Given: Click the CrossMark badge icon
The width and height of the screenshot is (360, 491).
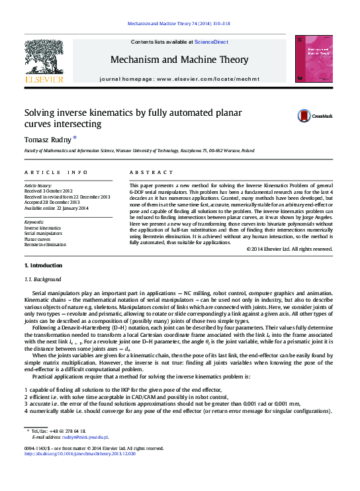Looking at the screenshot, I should coord(305,116).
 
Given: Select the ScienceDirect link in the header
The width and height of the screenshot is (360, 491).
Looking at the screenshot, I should coord(211,42).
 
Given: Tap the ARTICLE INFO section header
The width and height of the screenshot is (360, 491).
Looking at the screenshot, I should coord(56,172).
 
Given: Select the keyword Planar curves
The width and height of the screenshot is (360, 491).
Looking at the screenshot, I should coord(38,239).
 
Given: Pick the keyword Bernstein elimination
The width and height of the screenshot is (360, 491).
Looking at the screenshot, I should coord(46,245).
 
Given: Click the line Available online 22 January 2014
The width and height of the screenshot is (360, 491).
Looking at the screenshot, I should coord(56,208).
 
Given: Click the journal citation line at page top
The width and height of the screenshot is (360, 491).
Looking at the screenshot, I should coord(179,24).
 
